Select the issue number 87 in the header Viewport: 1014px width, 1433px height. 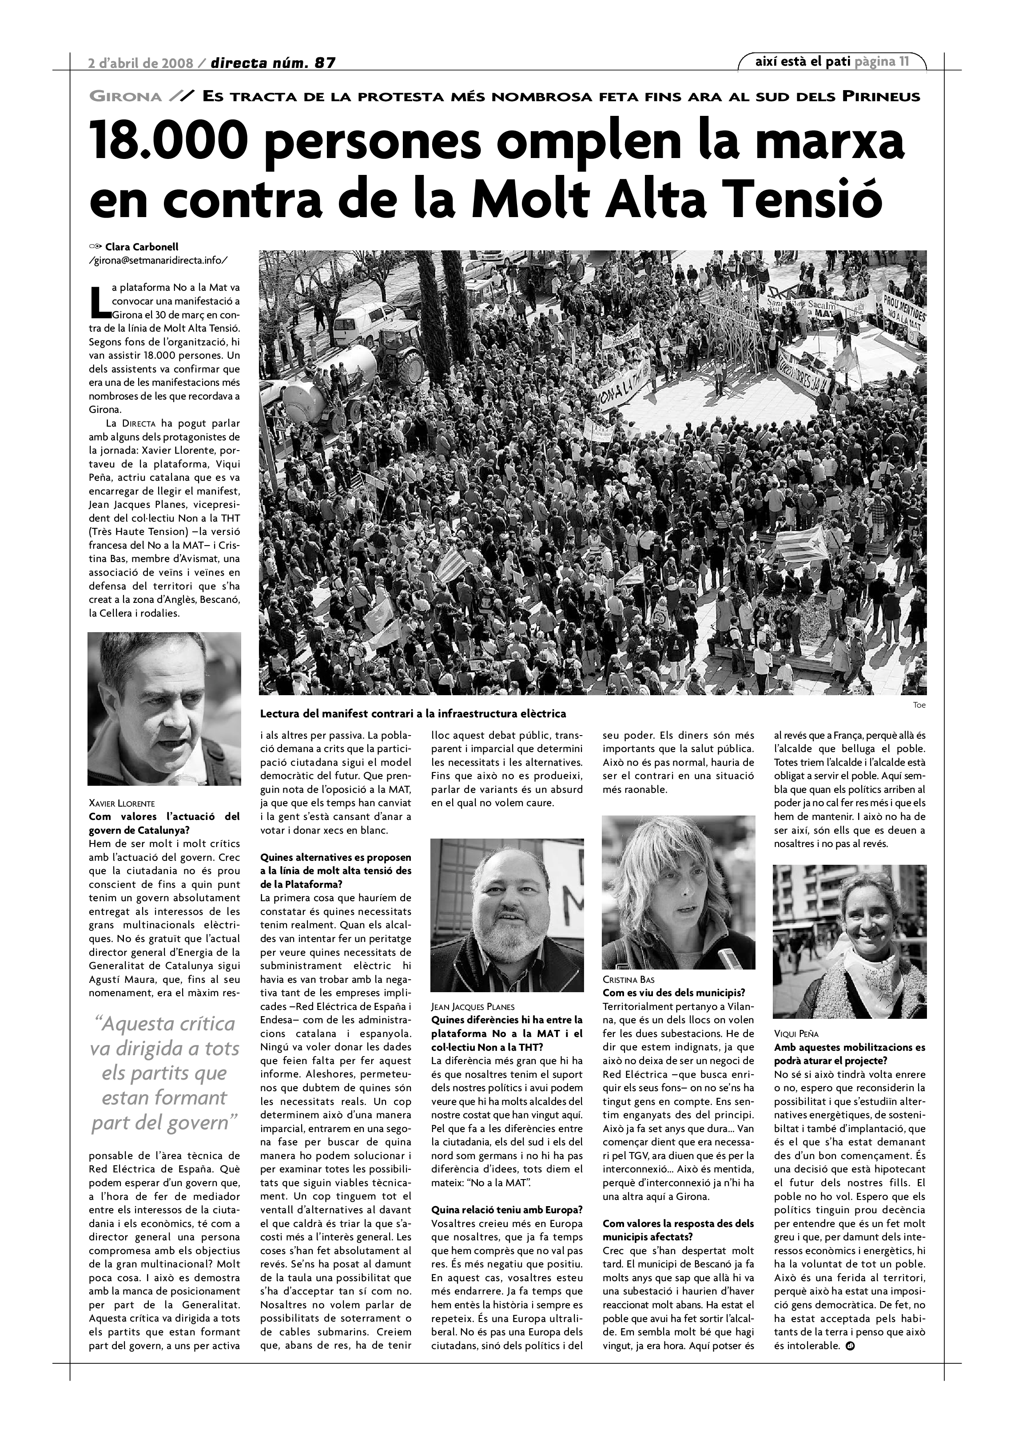tap(325, 63)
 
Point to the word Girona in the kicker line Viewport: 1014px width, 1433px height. tap(126, 97)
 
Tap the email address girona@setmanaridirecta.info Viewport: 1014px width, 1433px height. tap(159, 260)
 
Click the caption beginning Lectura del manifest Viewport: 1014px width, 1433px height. tap(413, 713)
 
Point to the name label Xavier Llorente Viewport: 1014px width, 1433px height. tap(122, 803)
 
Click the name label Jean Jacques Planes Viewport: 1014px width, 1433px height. tap(473, 1007)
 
